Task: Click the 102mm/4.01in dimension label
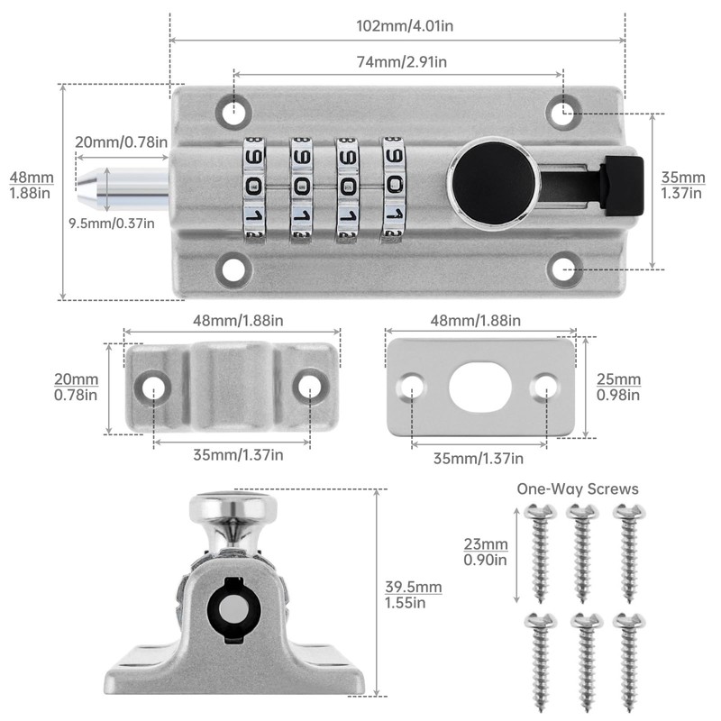tap(397, 26)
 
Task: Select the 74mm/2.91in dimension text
tap(397, 61)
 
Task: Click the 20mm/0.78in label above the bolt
tap(121, 141)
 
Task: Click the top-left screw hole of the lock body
tap(233, 110)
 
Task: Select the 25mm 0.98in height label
tap(618, 386)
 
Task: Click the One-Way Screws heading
tap(577, 488)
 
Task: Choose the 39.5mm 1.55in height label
tap(412, 595)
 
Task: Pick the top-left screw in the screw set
tap(536, 552)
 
